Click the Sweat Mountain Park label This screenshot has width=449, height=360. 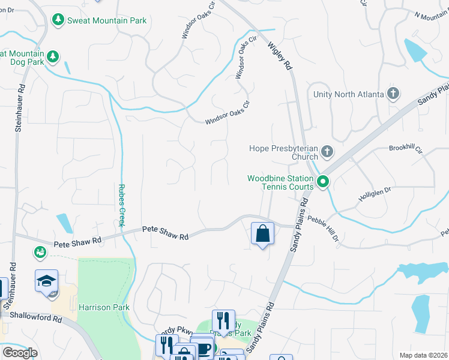(x=106, y=20)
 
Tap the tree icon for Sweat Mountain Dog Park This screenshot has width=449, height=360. (x=53, y=56)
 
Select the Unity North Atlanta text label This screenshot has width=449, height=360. (x=348, y=94)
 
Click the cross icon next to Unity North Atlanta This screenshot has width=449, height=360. (x=393, y=94)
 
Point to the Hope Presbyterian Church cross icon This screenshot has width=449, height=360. (x=327, y=152)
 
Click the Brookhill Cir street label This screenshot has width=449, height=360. (x=406, y=148)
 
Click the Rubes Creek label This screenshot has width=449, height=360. (x=121, y=205)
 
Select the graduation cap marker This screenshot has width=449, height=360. (x=46, y=281)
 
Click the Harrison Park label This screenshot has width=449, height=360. (x=104, y=307)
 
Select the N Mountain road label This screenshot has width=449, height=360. (x=431, y=16)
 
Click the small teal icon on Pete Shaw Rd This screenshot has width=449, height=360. (x=40, y=251)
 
